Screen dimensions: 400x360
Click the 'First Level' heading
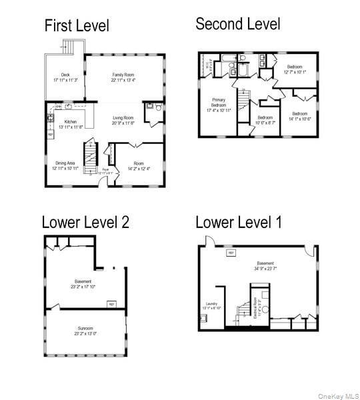[77, 26]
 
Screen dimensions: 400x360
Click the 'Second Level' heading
[237, 24]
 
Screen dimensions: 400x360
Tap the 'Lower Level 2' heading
[85, 222]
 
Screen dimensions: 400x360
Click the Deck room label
[65, 77]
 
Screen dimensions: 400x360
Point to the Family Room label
[123, 77]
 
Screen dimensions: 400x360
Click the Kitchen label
[71, 123]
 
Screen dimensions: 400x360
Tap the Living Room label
[123, 120]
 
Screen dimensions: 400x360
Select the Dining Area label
[65, 165]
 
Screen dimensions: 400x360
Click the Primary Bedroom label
[219, 105]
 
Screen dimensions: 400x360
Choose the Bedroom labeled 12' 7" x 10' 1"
[297, 69]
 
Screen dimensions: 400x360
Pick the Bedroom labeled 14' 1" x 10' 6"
[299, 116]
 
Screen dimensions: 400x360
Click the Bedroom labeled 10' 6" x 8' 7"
[265, 120]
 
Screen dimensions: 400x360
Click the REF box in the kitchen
[51, 135]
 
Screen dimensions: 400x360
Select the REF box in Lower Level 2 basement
[111, 304]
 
